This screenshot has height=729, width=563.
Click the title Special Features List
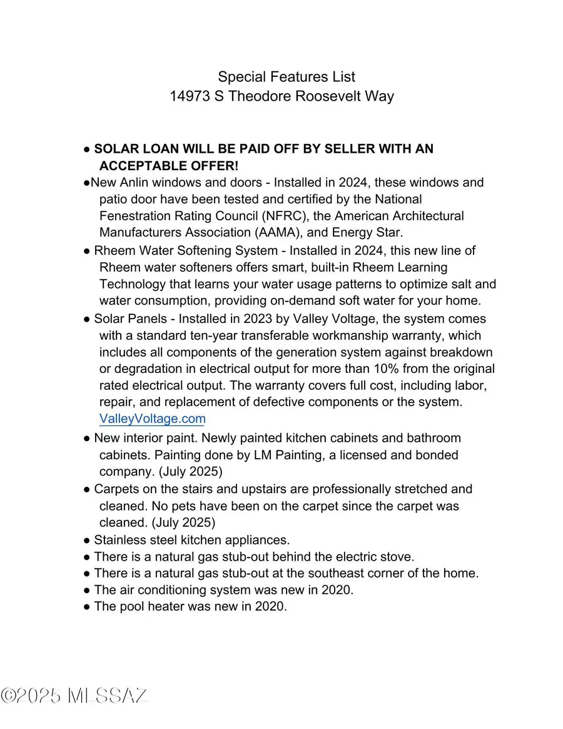[x=287, y=77]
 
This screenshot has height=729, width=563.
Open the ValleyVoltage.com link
[x=152, y=419]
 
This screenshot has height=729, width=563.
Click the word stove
[x=397, y=556]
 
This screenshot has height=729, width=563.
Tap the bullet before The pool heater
[x=87, y=606]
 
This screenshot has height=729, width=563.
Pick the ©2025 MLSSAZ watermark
[x=74, y=695]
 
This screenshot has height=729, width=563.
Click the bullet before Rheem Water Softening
[x=87, y=251]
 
